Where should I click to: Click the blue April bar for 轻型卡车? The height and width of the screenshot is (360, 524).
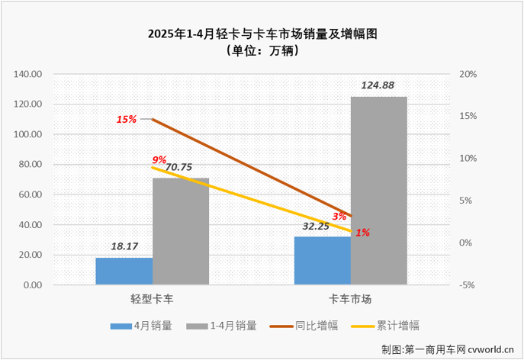tap(124, 271)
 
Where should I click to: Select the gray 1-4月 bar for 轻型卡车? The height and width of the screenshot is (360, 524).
tap(181, 232)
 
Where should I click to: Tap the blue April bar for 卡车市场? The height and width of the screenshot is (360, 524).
tap(323, 260)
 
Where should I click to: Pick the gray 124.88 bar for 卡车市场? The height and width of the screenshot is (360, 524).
tap(379, 191)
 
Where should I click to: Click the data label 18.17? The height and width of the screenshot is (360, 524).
tap(124, 248)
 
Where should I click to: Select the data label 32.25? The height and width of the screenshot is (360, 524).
tap(323, 227)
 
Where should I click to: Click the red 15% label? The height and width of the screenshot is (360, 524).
tap(126, 119)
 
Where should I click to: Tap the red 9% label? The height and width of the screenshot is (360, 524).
tap(159, 159)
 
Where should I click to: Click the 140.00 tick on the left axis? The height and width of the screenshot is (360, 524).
tap(29, 74)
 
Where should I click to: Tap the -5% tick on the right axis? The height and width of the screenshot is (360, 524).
tap(468, 285)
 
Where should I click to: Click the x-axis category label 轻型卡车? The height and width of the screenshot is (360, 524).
tap(153, 299)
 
